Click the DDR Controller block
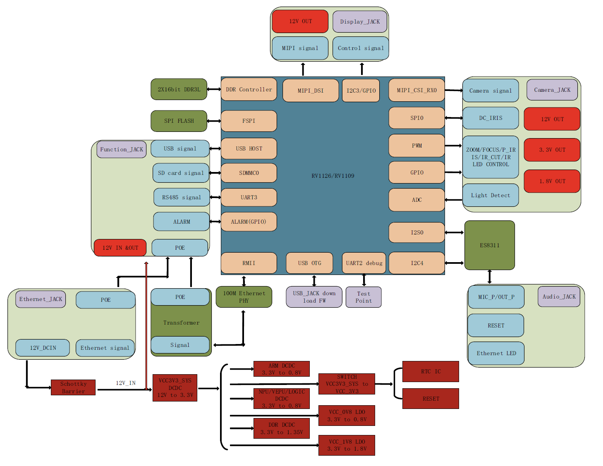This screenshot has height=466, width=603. click(x=249, y=89)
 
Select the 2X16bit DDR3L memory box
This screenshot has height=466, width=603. click(x=179, y=89)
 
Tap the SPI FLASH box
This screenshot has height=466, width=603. click(x=179, y=121)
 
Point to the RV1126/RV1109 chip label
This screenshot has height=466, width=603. click(x=333, y=176)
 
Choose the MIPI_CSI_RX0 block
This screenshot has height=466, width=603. click(x=416, y=90)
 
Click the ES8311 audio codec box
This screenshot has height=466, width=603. click(x=490, y=245)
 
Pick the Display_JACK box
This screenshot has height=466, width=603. click(x=360, y=22)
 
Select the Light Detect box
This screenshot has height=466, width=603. click(x=491, y=195)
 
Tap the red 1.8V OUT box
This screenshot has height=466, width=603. click(x=552, y=181)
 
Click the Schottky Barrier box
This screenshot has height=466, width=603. click(x=73, y=387)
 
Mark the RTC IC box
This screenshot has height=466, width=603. click(x=431, y=371)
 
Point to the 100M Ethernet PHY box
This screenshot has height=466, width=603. click(x=244, y=297)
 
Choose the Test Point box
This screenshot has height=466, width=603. click(x=364, y=297)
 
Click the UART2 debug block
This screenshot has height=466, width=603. click(x=364, y=263)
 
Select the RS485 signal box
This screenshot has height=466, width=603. click(x=182, y=197)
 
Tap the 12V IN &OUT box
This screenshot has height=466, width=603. click(x=120, y=248)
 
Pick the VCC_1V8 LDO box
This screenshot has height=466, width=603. click(x=347, y=445)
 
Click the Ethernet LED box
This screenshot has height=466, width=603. click(x=496, y=353)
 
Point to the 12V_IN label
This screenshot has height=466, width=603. click(x=126, y=383)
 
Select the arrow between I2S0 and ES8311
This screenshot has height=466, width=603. click(x=455, y=232)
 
